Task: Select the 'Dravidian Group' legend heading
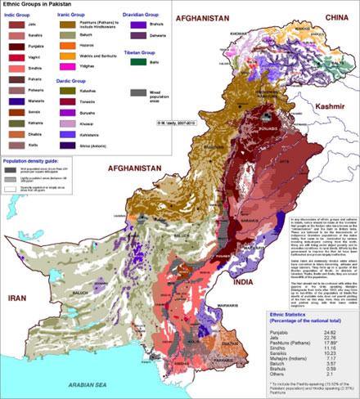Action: [x=143, y=15]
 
